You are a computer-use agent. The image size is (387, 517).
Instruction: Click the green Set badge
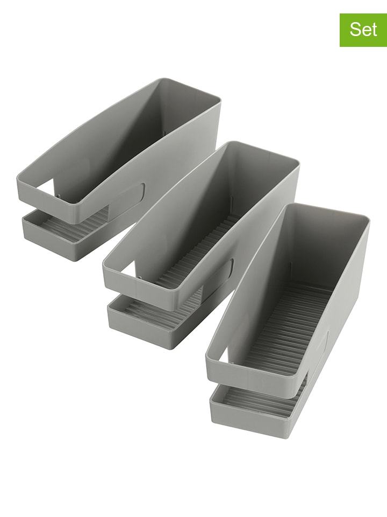coord(363,30)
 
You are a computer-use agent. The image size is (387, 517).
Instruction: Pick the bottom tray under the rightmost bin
coord(247,417)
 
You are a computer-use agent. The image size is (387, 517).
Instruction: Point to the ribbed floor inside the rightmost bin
coord(290,329)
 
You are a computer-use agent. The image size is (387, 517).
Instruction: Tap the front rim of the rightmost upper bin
coord(253,380)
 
